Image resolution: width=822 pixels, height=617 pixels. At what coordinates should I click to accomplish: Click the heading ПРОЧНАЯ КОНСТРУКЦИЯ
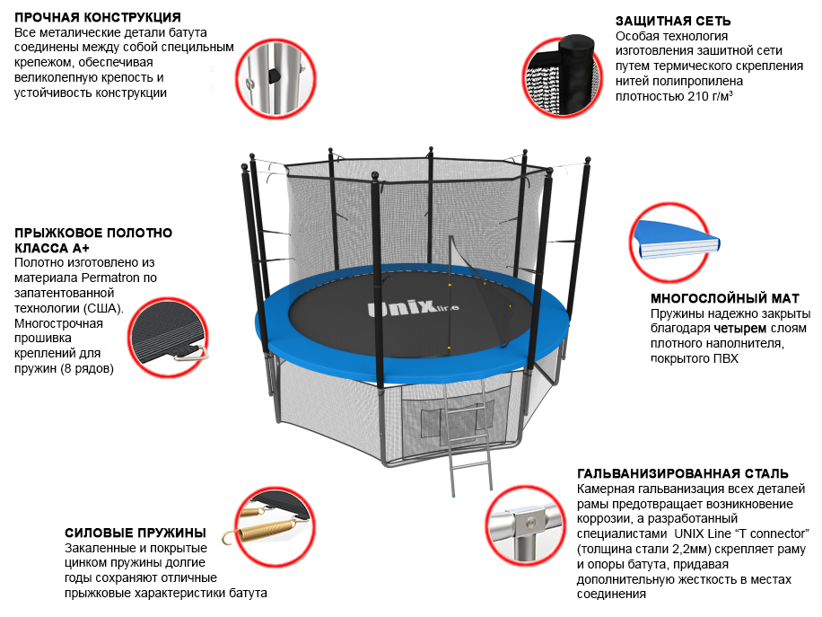pyautogui.click(x=98, y=18)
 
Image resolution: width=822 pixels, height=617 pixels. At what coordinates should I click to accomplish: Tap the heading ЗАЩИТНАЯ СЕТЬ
pyautogui.click(x=673, y=21)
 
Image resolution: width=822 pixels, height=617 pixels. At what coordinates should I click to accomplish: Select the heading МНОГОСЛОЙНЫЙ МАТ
pyautogui.click(x=724, y=298)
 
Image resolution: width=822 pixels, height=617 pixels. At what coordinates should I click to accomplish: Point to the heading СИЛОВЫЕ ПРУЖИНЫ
pyautogui.click(x=136, y=533)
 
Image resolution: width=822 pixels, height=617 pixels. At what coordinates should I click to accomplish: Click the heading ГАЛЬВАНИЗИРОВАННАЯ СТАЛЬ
pyautogui.click(x=683, y=473)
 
